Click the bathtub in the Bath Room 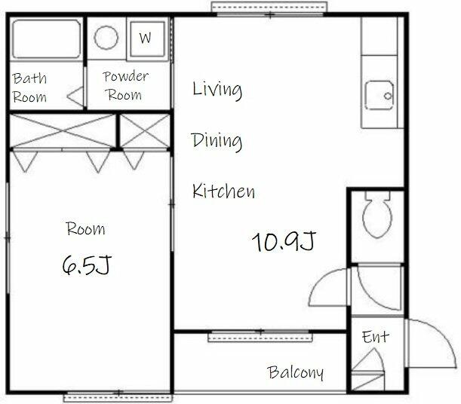[x=46, y=39]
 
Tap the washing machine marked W [x=147, y=38]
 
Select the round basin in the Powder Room [x=106, y=38]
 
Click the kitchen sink [x=380, y=96]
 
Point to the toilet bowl [x=377, y=215]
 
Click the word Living [x=217, y=89]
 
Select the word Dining [x=217, y=142]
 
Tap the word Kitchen [x=224, y=191]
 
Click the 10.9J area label [x=284, y=241]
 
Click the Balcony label [x=296, y=372]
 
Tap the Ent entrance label [x=376, y=337]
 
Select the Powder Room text [x=125, y=86]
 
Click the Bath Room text [x=29, y=87]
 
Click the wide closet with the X [x=63, y=130]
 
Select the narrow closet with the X [x=145, y=130]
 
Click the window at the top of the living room [x=269, y=9]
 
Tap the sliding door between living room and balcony [x=260, y=336]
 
